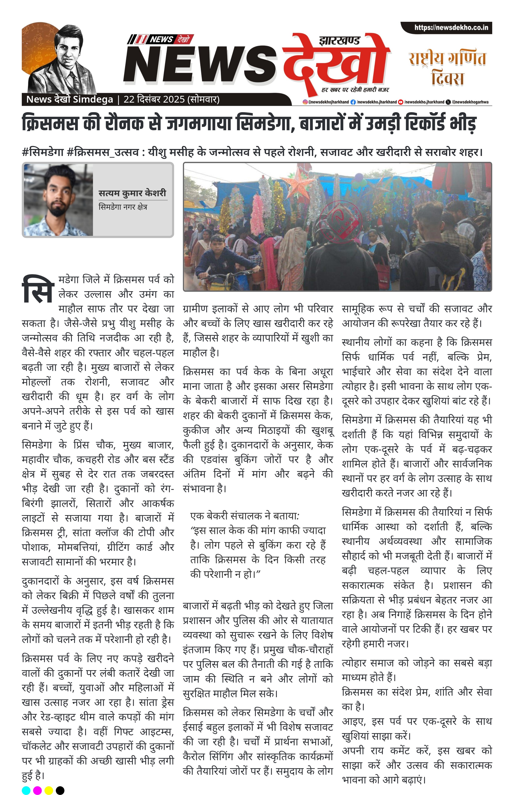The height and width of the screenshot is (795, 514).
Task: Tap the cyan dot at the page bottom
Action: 26,790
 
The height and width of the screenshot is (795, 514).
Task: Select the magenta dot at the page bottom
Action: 37,790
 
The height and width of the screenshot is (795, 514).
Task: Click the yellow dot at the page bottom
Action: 49,790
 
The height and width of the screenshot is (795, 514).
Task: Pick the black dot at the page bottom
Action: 60,790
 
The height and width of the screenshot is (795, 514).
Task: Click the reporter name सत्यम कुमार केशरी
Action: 132,193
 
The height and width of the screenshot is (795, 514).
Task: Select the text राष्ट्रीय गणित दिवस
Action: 447,68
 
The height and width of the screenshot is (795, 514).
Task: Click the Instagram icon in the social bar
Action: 305,102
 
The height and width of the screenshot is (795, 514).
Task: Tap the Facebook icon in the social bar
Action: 353,102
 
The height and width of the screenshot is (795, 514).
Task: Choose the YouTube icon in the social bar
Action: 401,102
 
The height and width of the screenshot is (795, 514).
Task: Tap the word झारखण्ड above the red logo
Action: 339,41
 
